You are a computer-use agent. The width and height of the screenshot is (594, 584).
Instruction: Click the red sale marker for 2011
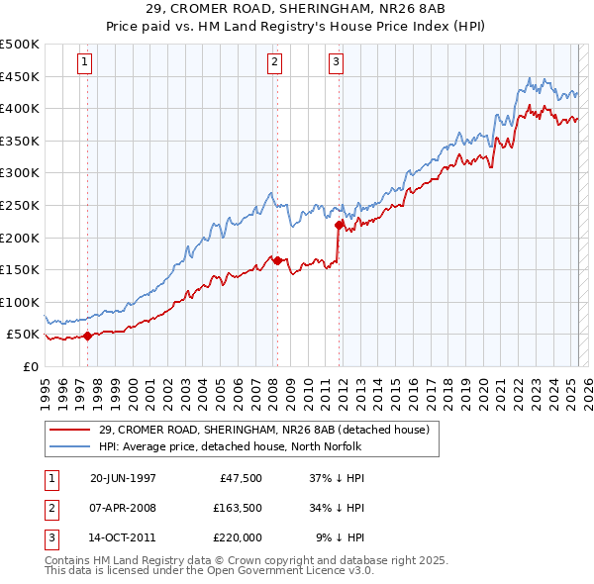[339, 225]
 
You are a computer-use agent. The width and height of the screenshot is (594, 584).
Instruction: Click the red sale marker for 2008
[277, 260]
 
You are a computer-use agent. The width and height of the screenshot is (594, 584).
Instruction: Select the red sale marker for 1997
[87, 336]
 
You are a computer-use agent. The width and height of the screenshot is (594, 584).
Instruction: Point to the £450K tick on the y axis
[20, 76]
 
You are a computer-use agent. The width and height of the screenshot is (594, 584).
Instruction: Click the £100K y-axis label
[20, 302]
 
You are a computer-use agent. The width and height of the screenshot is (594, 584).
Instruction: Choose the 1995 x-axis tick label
[45, 389]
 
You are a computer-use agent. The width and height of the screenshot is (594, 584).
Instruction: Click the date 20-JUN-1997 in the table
[123, 478]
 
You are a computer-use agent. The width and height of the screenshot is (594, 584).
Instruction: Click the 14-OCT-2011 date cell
[123, 537]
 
